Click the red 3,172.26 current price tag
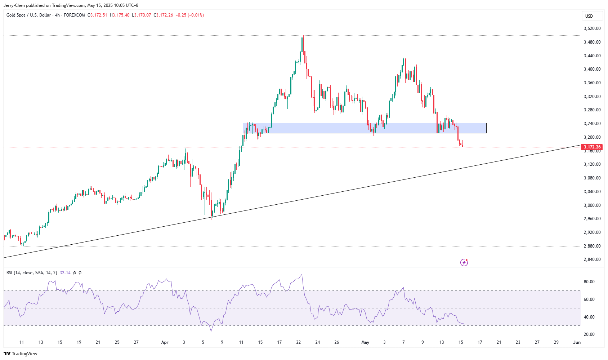592,147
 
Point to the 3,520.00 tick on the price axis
592,28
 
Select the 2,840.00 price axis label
592,259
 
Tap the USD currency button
589,16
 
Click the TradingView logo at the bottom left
21,354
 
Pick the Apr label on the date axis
165,342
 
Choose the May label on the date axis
365,342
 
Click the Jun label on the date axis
577,342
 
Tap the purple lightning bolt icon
464,262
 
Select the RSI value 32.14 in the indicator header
65,273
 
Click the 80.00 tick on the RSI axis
589,282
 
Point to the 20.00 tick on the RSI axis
589,334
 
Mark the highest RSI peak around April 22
302,275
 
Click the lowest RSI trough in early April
211,331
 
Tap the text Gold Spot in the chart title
16,15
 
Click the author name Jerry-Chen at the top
14,5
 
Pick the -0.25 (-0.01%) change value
189,15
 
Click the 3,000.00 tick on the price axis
592,205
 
